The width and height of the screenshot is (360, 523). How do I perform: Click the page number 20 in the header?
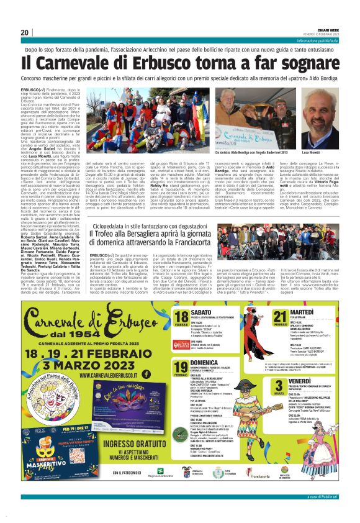tap(24, 32)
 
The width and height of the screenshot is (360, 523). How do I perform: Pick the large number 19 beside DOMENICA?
tap(182, 369)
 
